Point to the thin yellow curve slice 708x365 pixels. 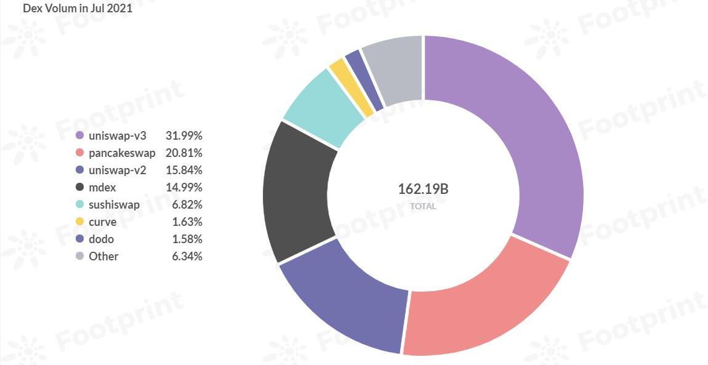[351, 86]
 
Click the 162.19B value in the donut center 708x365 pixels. [423, 189]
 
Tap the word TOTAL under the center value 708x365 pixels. [423, 207]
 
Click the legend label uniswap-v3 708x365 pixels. [118, 135]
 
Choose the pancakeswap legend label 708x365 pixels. [122, 153]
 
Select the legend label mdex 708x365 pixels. [102, 187]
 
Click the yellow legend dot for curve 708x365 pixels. [79, 222]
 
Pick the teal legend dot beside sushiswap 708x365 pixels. [79, 204]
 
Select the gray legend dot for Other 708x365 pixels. [79, 256]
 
